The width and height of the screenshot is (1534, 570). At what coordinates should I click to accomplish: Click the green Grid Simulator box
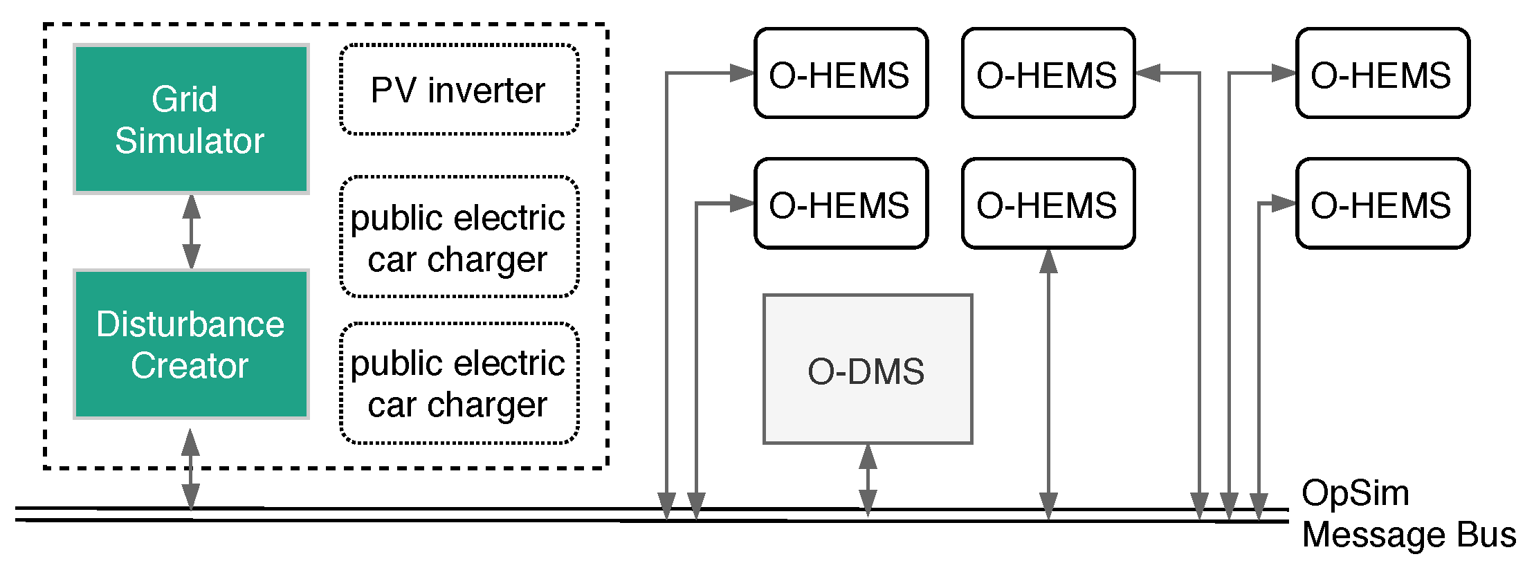pyautogui.click(x=191, y=119)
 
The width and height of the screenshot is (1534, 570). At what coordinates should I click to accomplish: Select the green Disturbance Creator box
pyautogui.click(x=191, y=344)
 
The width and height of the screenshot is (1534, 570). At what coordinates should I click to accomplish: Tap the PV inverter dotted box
pyautogui.click(x=459, y=90)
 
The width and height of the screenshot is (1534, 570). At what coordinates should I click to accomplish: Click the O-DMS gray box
pyautogui.click(x=867, y=369)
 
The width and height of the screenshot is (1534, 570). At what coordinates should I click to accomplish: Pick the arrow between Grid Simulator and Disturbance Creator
pyautogui.click(x=192, y=232)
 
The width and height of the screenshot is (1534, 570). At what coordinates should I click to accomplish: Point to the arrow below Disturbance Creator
pyautogui.click(x=191, y=469)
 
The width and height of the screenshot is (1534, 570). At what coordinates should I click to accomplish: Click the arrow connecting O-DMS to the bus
pyautogui.click(x=868, y=479)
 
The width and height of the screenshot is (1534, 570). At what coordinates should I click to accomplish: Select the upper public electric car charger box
pyautogui.click(x=459, y=237)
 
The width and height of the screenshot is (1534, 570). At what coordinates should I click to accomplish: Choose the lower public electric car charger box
pyautogui.click(x=459, y=383)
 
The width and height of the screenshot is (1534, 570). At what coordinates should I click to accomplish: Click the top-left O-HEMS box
pyautogui.click(x=840, y=73)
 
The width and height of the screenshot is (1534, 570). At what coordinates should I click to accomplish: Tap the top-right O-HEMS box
pyautogui.click(x=1382, y=73)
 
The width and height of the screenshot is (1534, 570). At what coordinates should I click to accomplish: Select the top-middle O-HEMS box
pyautogui.click(x=1048, y=73)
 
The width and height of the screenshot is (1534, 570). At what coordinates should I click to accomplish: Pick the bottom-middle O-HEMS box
pyautogui.click(x=1048, y=203)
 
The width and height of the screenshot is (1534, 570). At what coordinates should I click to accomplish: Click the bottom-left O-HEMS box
pyautogui.click(x=840, y=203)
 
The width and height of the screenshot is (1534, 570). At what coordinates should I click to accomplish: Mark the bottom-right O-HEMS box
pyautogui.click(x=1382, y=203)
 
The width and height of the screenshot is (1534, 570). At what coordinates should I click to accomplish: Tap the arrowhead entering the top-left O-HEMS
pyautogui.click(x=742, y=73)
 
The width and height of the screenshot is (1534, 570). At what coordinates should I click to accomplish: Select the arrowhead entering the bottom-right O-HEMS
pyautogui.click(x=1284, y=203)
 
